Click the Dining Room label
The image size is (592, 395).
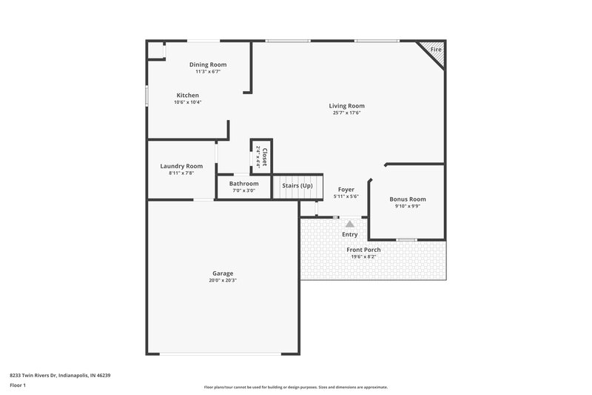pyautogui.click(x=208, y=64)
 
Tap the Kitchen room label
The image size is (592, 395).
pyautogui.click(x=187, y=95)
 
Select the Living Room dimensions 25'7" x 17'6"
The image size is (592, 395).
pyautogui.click(x=347, y=113)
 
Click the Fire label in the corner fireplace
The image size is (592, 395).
pyautogui.click(x=436, y=50)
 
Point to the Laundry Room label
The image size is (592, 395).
pyautogui.click(x=181, y=166)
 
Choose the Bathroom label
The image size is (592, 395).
pyautogui.click(x=243, y=183)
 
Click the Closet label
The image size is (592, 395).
pyautogui.click(x=264, y=156)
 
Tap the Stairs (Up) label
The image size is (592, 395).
pyautogui.click(x=297, y=185)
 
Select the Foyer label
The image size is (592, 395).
pyautogui.click(x=346, y=190)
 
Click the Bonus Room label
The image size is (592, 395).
pyautogui.click(x=408, y=199)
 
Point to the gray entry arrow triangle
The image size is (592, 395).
pyautogui.click(x=350, y=222)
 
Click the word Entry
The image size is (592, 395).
pyautogui.click(x=350, y=235)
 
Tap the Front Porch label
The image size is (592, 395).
pyautogui.click(x=363, y=250)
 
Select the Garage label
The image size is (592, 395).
pyautogui.click(x=223, y=273)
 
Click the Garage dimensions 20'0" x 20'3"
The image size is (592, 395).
pyautogui.click(x=223, y=281)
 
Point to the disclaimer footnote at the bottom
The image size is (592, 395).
pyautogui.click(x=295, y=387)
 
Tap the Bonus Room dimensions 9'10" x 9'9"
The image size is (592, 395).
pyautogui.click(x=408, y=206)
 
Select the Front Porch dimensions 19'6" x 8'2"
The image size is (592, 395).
pyautogui.click(x=363, y=257)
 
